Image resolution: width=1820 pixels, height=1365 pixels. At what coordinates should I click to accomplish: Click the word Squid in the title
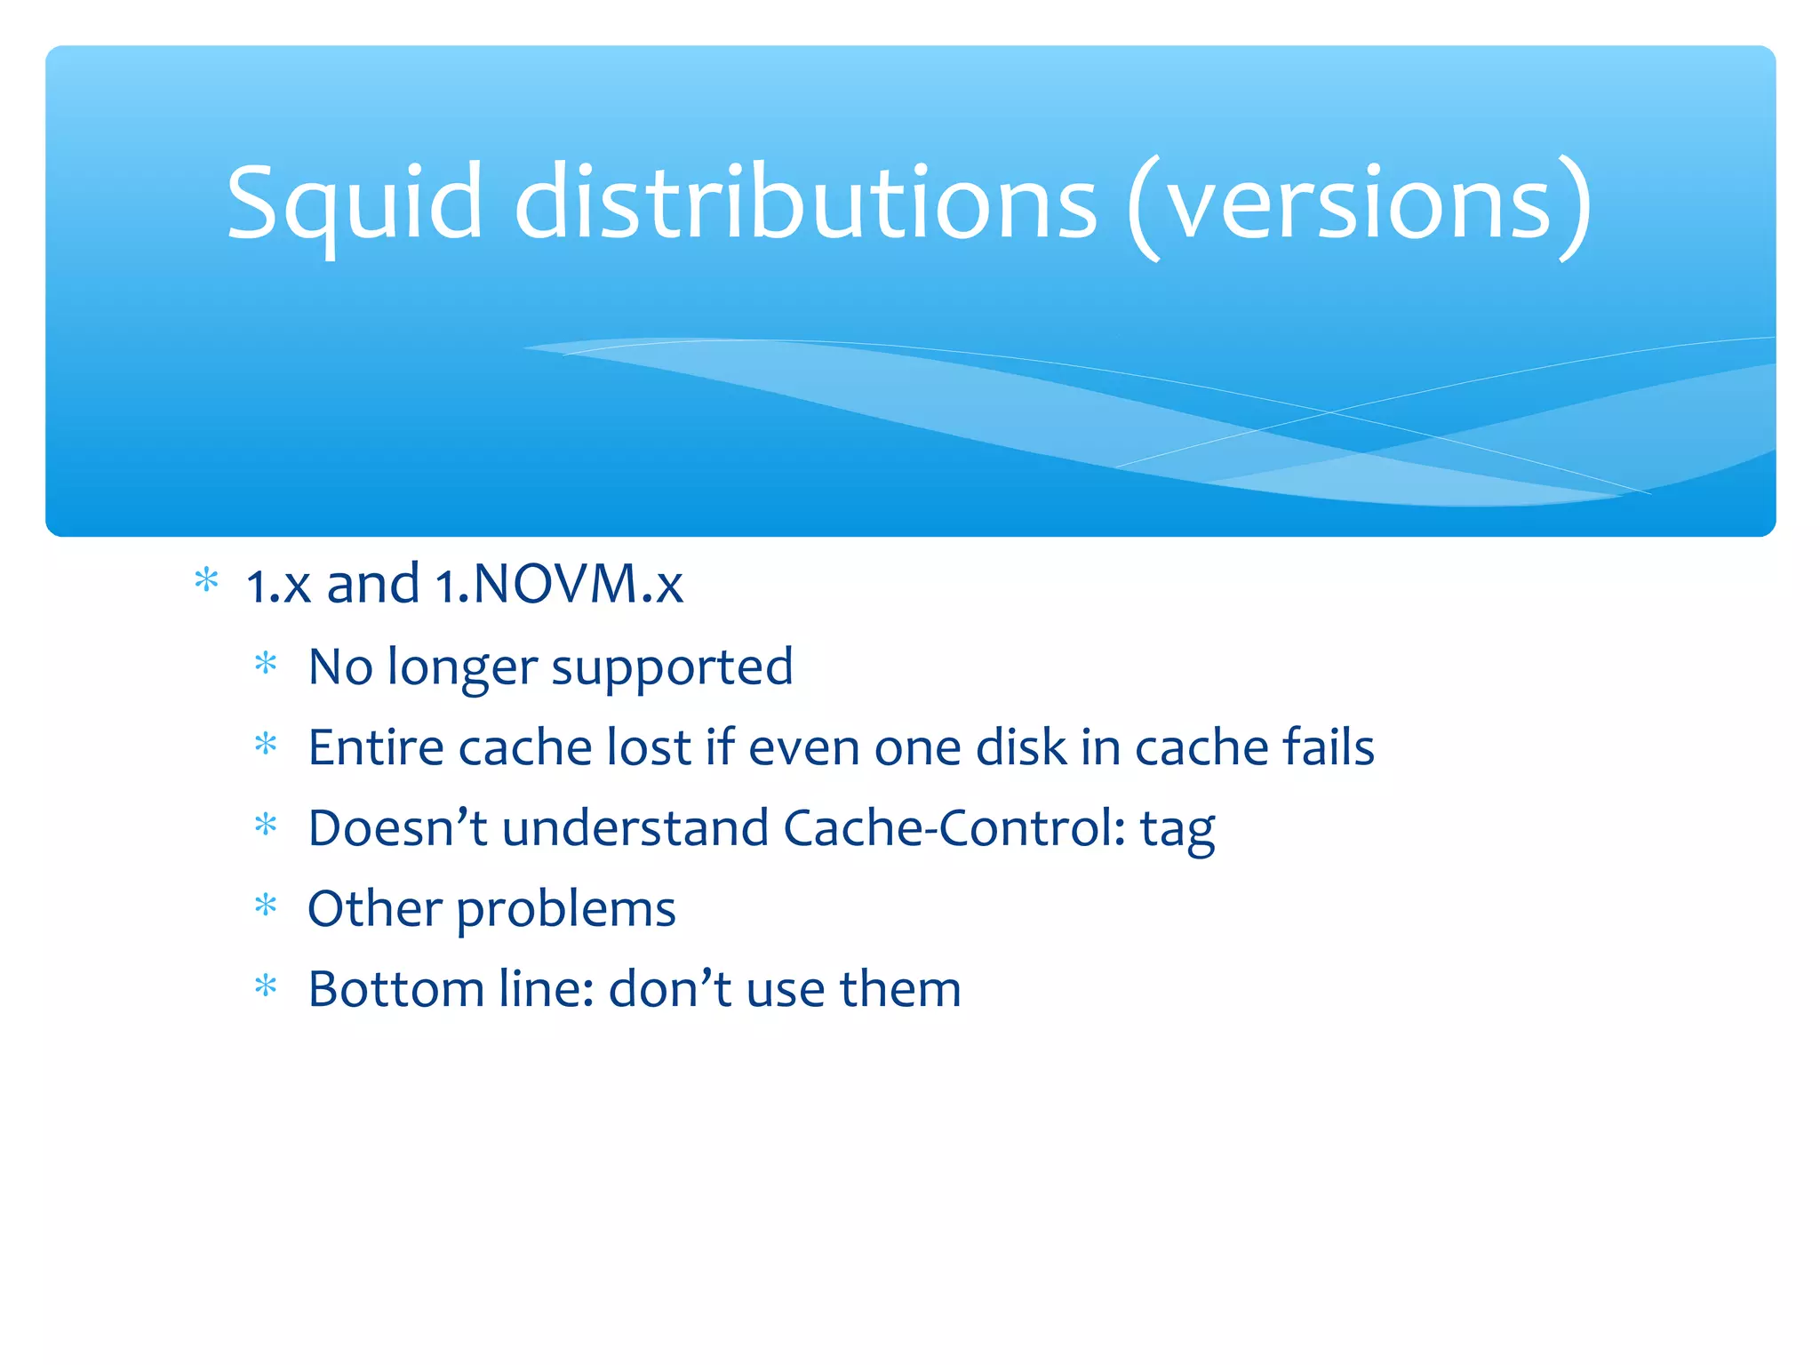pos(354,204)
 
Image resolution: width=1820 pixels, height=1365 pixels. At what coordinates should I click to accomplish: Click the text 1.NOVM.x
pos(559,585)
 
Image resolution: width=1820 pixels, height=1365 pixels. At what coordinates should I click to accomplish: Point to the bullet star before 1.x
pos(206,581)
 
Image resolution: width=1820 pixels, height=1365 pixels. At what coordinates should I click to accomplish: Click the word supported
pos(672,667)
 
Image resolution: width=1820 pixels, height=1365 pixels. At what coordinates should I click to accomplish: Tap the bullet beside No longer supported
pos(266,664)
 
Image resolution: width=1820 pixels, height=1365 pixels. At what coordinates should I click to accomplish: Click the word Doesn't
pos(397,828)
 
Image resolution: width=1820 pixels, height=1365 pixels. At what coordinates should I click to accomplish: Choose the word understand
pos(635,828)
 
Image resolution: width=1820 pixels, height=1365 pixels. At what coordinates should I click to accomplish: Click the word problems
pos(566,910)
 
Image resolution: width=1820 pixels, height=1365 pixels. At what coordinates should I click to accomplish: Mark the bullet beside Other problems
pos(266,906)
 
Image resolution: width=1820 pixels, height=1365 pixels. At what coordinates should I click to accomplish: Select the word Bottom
pos(395,989)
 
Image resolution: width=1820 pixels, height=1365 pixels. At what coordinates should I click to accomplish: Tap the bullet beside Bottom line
pos(266,986)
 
